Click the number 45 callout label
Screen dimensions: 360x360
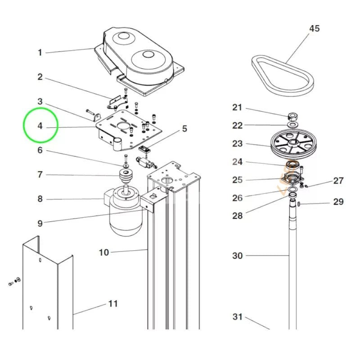coord(314,28)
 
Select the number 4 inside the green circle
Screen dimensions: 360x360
coord(40,126)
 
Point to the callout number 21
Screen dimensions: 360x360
coord(237,108)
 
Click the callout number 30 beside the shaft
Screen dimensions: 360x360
coord(237,256)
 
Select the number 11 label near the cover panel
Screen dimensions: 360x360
coord(112,304)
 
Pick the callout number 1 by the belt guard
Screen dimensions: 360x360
coord(40,53)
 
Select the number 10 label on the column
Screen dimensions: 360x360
coord(103,252)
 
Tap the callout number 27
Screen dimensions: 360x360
coord(338,181)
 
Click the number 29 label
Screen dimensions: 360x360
coord(338,202)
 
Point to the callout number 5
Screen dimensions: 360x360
coord(184,129)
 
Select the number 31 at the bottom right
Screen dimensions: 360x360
coord(237,317)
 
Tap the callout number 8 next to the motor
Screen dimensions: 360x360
coord(40,199)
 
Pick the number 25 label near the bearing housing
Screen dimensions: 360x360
coord(237,180)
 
